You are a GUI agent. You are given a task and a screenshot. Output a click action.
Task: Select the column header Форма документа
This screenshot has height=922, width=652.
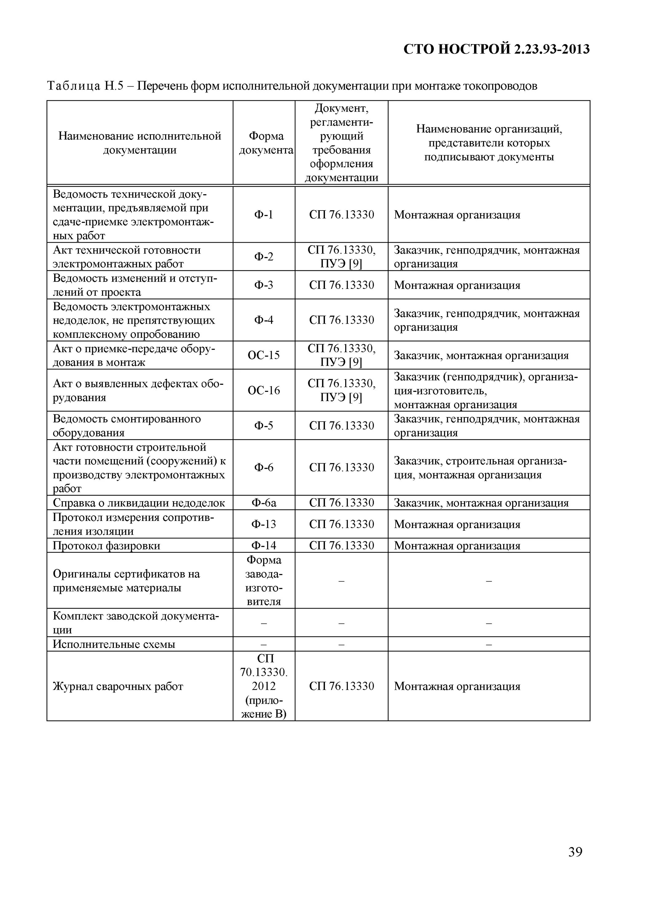(x=266, y=143)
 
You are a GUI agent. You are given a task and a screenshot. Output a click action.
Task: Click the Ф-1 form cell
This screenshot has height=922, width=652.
(x=263, y=215)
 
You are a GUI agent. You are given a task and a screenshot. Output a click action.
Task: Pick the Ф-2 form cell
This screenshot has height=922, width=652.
(x=263, y=256)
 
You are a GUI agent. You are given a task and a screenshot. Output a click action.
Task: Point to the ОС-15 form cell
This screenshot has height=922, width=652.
(x=263, y=355)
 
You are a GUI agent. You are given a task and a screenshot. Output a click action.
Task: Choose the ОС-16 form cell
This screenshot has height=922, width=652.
(x=263, y=390)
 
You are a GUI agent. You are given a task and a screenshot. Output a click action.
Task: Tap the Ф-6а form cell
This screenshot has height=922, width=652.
(x=263, y=503)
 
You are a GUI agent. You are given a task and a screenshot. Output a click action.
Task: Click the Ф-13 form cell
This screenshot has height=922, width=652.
(x=263, y=524)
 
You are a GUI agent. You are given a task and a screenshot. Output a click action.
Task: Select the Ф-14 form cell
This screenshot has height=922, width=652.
(x=263, y=545)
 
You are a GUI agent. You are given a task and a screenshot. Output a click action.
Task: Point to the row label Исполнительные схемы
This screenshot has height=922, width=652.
(x=114, y=644)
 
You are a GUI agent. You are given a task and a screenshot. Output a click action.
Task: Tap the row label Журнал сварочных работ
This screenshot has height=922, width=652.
(x=118, y=686)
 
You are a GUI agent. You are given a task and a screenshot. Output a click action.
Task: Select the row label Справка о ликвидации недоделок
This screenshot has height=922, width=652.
(x=139, y=503)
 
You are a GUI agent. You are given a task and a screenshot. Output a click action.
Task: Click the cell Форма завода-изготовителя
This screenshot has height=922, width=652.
(x=263, y=580)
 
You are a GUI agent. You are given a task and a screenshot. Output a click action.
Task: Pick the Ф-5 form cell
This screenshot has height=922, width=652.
(x=263, y=425)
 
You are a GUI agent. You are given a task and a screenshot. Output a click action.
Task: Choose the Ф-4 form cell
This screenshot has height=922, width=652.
(x=263, y=320)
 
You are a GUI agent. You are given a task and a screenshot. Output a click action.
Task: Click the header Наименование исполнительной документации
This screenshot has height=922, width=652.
(x=140, y=143)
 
